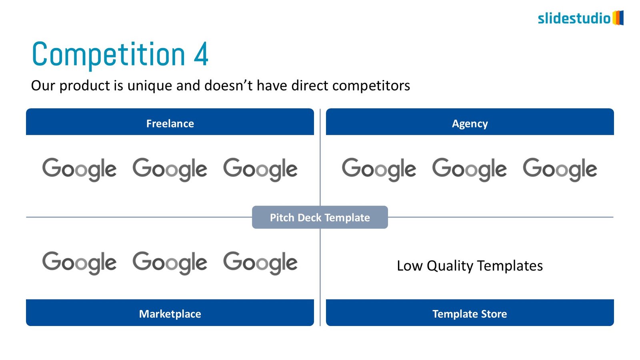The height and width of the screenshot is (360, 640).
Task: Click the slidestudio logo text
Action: (x=574, y=18)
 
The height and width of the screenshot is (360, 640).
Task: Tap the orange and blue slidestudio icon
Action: (x=618, y=18)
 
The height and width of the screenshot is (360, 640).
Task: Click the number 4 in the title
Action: (x=201, y=54)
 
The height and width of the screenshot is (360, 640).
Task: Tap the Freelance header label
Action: (x=170, y=124)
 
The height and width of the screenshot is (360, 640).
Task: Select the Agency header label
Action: (x=470, y=124)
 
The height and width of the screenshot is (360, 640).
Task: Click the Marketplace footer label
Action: (x=170, y=314)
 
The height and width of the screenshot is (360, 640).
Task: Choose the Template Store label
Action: (x=470, y=314)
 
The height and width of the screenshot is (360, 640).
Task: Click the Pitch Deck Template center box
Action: (x=320, y=217)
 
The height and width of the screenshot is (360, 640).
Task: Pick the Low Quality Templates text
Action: (x=470, y=266)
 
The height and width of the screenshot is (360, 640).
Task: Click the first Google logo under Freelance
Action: (x=79, y=170)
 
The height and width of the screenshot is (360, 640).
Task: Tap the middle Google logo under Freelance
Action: (x=170, y=170)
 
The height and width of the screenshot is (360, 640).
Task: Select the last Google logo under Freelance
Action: (x=260, y=170)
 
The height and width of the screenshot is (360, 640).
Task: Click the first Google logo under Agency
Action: (x=379, y=170)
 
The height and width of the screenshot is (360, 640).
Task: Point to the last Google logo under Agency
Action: (x=560, y=170)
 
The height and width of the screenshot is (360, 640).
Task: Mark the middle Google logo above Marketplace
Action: (x=170, y=263)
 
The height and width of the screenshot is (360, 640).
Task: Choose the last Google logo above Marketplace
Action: (x=260, y=263)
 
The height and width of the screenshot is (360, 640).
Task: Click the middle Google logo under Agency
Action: (x=470, y=170)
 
